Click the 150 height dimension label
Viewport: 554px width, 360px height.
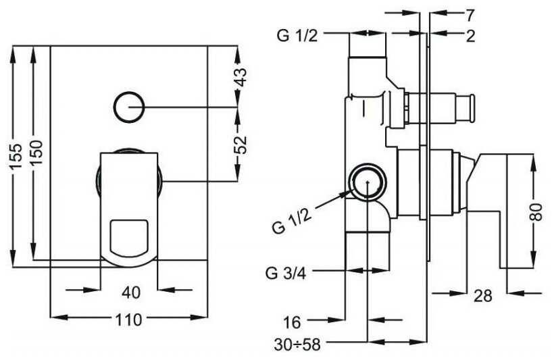click(x=36, y=152)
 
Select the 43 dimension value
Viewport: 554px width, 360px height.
click(x=241, y=77)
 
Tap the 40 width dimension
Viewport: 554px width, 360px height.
click(x=131, y=292)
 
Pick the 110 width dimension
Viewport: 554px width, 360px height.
click(x=128, y=319)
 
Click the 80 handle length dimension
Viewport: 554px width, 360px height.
click(x=536, y=212)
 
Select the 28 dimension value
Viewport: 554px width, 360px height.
click(x=483, y=296)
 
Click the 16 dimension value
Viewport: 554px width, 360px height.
click(x=292, y=322)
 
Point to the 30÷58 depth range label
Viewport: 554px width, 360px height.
click(x=297, y=344)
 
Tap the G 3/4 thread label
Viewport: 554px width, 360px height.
click(x=286, y=273)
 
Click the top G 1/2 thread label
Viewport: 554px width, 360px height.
click(x=297, y=35)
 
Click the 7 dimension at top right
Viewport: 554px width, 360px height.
click(x=470, y=15)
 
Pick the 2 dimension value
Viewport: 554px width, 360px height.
click(x=470, y=36)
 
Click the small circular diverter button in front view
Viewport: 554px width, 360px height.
click(x=129, y=107)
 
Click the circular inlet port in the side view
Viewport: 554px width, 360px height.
click(x=368, y=182)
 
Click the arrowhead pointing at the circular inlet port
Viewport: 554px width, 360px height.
click(x=346, y=194)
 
